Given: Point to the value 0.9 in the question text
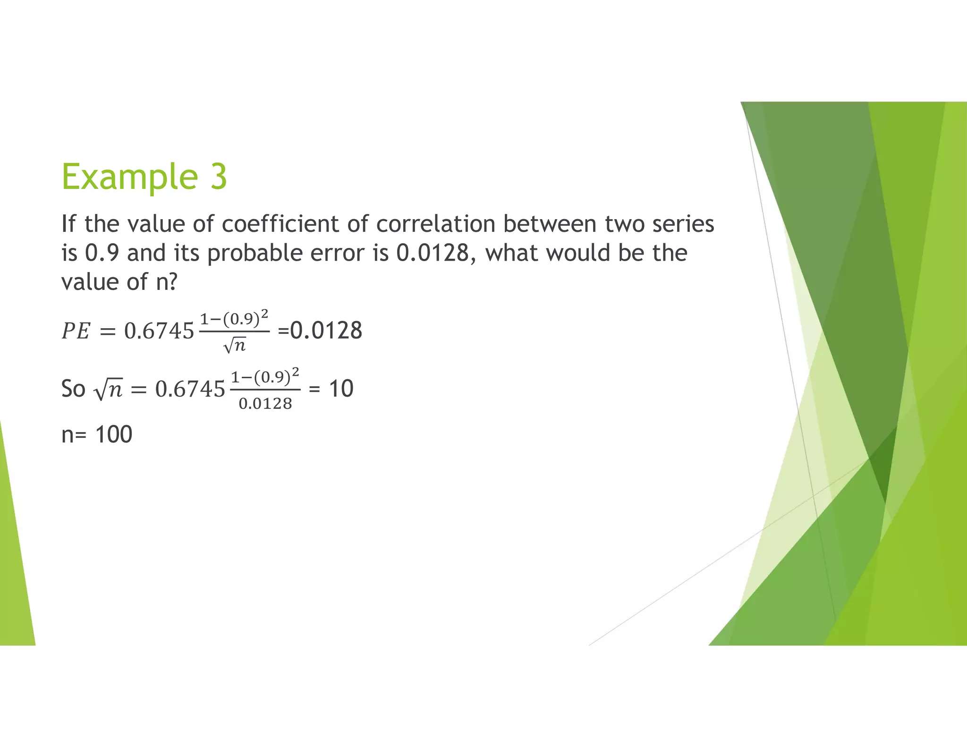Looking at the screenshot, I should [x=102, y=253].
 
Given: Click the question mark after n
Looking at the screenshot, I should [x=172, y=282].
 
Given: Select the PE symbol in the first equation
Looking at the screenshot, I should [x=76, y=331].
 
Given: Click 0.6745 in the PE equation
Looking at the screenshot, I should [x=159, y=331].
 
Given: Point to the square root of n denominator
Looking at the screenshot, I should [x=235, y=346].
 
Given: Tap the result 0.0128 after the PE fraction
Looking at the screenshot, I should [x=326, y=331].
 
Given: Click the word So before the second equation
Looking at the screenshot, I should [x=73, y=389].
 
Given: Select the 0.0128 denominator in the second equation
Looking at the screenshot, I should [x=265, y=404].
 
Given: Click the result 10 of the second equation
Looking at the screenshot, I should [x=341, y=389].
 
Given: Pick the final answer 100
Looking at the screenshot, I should [x=113, y=434].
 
